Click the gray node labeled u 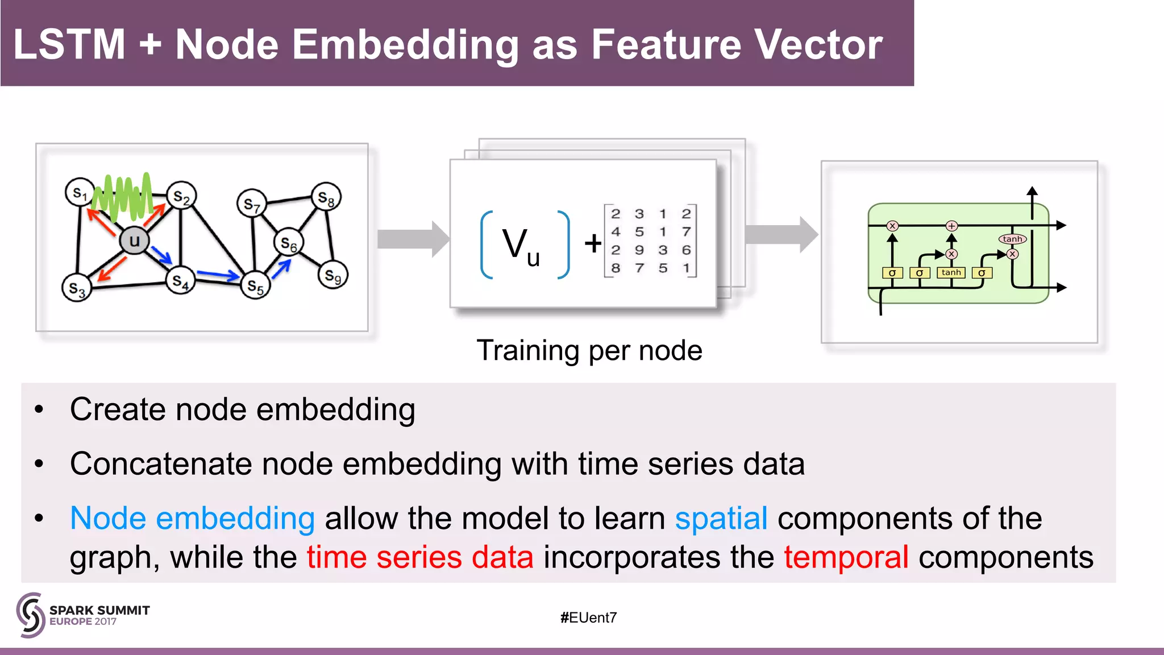pos(134,241)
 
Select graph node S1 pos(80,193)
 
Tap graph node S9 pos(332,276)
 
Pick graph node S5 pos(255,286)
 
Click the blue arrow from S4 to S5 pos(217,276)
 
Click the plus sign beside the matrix pos(593,243)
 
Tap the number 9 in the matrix pos(639,250)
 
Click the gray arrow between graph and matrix pos(413,239)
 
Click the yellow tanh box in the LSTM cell pos(951,273)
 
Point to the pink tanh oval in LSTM pos(1012,239)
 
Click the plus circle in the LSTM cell pos(951,226)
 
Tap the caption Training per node pos(589,350)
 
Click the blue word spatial pos(721,518)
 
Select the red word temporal pos(846,557)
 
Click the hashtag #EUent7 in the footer pos(588,617)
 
